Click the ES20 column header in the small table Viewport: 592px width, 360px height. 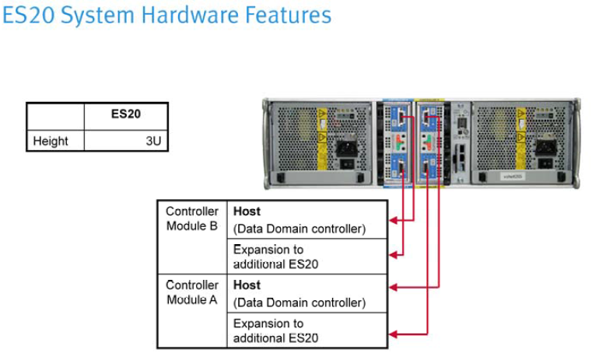pyautogui.click(x=125, y=114)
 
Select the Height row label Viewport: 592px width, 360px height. pyautogui.click(x=51, y=141)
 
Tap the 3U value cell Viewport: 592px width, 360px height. pyautogui.click(x=153, y=141)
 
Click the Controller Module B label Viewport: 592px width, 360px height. pyautogui.click(x=191, y=218)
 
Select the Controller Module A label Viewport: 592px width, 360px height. pyautogui.click(x=191, y=292)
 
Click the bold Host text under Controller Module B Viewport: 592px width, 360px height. pyautogui.click(x=247, y=211)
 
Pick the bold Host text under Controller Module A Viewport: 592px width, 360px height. pyautogui.click(x=247, y=285)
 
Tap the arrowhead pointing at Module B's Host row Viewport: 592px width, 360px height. pyautogui.click(x=393, y=221)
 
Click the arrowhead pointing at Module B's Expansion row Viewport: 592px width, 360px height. pyautogui.click(x=393, y=253)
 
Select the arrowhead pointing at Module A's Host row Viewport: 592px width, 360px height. pyautogui.click(x=393, y=287)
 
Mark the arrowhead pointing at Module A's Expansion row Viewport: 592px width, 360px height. pyautogui.click(x=393, y=334)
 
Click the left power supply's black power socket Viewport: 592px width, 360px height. pyautogui.click(x=342, y=148)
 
